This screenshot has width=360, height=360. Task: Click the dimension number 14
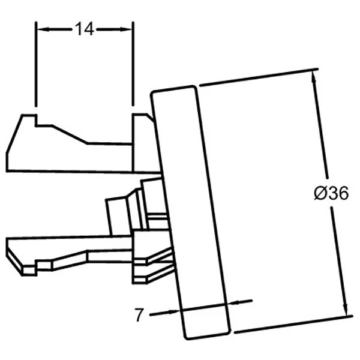(85, 29)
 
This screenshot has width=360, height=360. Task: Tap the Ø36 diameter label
(331, 193)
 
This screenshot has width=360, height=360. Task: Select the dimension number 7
(140, 315)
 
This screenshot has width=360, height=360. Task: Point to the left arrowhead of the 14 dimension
(43, 29)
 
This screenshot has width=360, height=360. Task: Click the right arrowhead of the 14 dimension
(126, 29)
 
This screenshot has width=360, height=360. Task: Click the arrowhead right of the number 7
(173, 312)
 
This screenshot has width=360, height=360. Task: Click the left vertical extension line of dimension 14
(35, 64)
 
